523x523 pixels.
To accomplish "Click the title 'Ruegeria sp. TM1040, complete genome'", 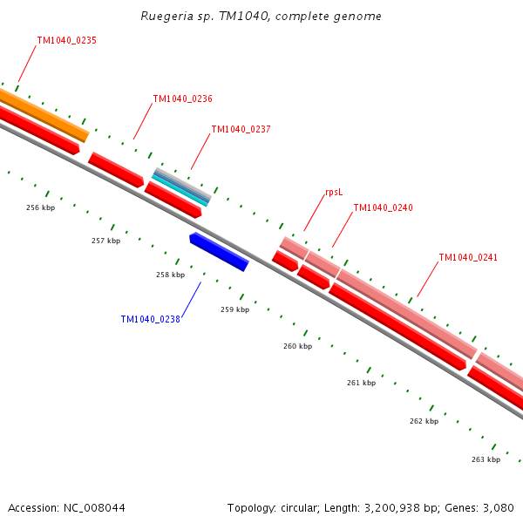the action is coord(261,17).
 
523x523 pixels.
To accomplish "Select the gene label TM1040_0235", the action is coord(66,40).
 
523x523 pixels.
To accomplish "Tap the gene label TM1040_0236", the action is coord(182,98).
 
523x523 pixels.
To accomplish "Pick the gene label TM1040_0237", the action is coord(241,129).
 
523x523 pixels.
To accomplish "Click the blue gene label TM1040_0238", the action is coord(150,319).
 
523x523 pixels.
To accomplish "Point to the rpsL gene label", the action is coord(333,192).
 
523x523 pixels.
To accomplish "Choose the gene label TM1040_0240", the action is coord(383,207).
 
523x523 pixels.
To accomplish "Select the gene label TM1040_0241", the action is coord(468,257).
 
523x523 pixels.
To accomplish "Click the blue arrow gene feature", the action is coord(219,252).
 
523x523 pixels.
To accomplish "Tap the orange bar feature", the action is coord(44,113).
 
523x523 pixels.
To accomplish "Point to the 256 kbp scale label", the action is coord(40,207).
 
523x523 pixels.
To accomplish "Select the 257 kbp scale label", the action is coord(105,241).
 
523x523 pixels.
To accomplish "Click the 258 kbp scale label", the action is coord(170,275).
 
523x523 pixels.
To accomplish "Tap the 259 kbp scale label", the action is coord(234,309).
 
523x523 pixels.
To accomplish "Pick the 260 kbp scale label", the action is coord(297,346).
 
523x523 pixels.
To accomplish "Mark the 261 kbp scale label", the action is coord(361,383).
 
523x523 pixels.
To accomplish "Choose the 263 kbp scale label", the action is coord(486,459).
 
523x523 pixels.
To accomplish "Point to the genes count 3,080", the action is coord(497,507).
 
